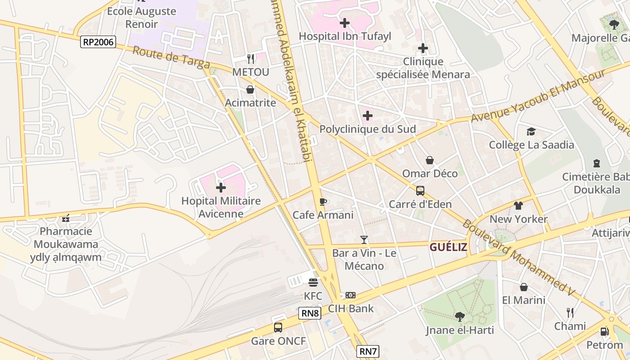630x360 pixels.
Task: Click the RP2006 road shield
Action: (x=99, y=42)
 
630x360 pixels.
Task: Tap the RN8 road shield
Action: (x=310, y=313)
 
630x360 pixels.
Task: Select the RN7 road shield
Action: (x=368, y=351)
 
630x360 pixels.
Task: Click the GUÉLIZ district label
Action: (x=448, y=247)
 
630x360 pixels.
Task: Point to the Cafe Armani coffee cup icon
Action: (x=323, y=202)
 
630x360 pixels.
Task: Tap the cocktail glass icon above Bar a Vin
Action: (x=364, y=240)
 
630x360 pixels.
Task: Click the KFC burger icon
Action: (x=313, y=283)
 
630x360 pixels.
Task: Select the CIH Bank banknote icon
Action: (x=351, y=295)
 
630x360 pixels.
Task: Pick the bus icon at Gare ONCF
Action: (x=278, y=327)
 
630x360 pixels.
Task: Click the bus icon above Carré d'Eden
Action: (x=420, y=191)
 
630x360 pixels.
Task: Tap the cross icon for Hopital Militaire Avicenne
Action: (x=221, y=187)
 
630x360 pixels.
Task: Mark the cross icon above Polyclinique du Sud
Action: (x=368, y=116)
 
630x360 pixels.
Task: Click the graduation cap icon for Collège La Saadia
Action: (x=531, y=131)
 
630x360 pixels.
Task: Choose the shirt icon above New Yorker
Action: (x=518, y=206)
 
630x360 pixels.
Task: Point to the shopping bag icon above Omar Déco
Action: (x=430, y=160)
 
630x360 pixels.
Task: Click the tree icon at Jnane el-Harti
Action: (x=459, y=317)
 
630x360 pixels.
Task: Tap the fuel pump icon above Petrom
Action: (x=604, y=332)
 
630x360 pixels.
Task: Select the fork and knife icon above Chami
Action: (x=570, y=312)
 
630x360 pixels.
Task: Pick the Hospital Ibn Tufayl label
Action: (x=345, y=36)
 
